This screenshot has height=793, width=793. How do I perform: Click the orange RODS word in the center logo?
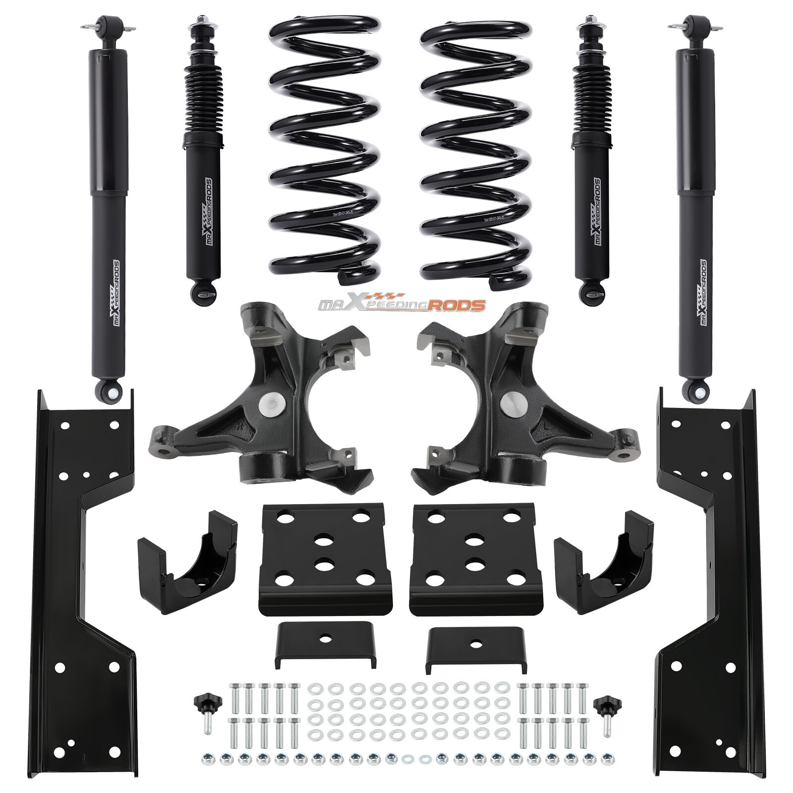456,305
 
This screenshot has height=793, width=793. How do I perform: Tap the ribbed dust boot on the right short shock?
590,104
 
